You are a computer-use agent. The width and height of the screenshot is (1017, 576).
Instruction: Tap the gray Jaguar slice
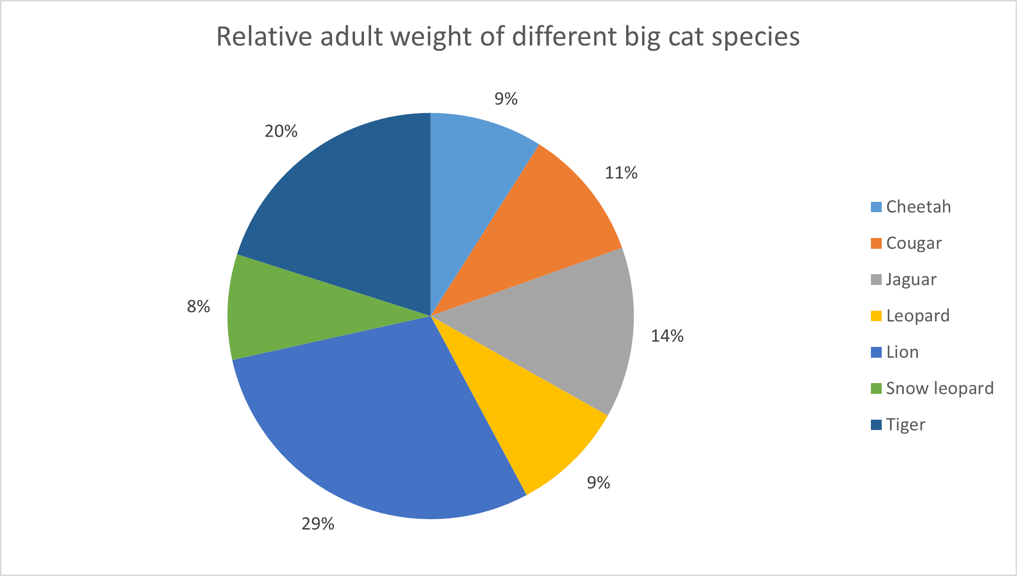[564, 329]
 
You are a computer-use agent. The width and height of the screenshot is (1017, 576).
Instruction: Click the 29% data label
[318, 523]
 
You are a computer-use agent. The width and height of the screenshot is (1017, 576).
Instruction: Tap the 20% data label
[281, 131]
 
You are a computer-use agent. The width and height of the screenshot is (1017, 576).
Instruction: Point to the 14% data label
[667, 336]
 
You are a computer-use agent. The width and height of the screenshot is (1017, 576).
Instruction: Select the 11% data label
[621, 173]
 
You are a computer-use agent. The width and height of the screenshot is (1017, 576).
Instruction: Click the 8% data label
[198, 307]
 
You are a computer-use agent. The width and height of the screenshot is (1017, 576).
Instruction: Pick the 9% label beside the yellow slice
[598, 483]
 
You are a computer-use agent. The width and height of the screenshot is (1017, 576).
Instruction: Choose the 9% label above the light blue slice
[506, 99]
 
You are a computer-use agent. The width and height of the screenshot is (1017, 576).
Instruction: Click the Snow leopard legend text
[939, 388]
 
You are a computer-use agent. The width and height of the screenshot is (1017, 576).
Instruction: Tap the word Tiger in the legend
[906, 424]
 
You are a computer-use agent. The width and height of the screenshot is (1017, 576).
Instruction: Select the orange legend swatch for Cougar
[876, 243]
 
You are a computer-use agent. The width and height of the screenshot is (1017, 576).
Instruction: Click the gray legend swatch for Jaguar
[876, 280]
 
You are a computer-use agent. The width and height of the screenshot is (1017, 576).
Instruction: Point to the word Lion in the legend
[902, 352]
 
